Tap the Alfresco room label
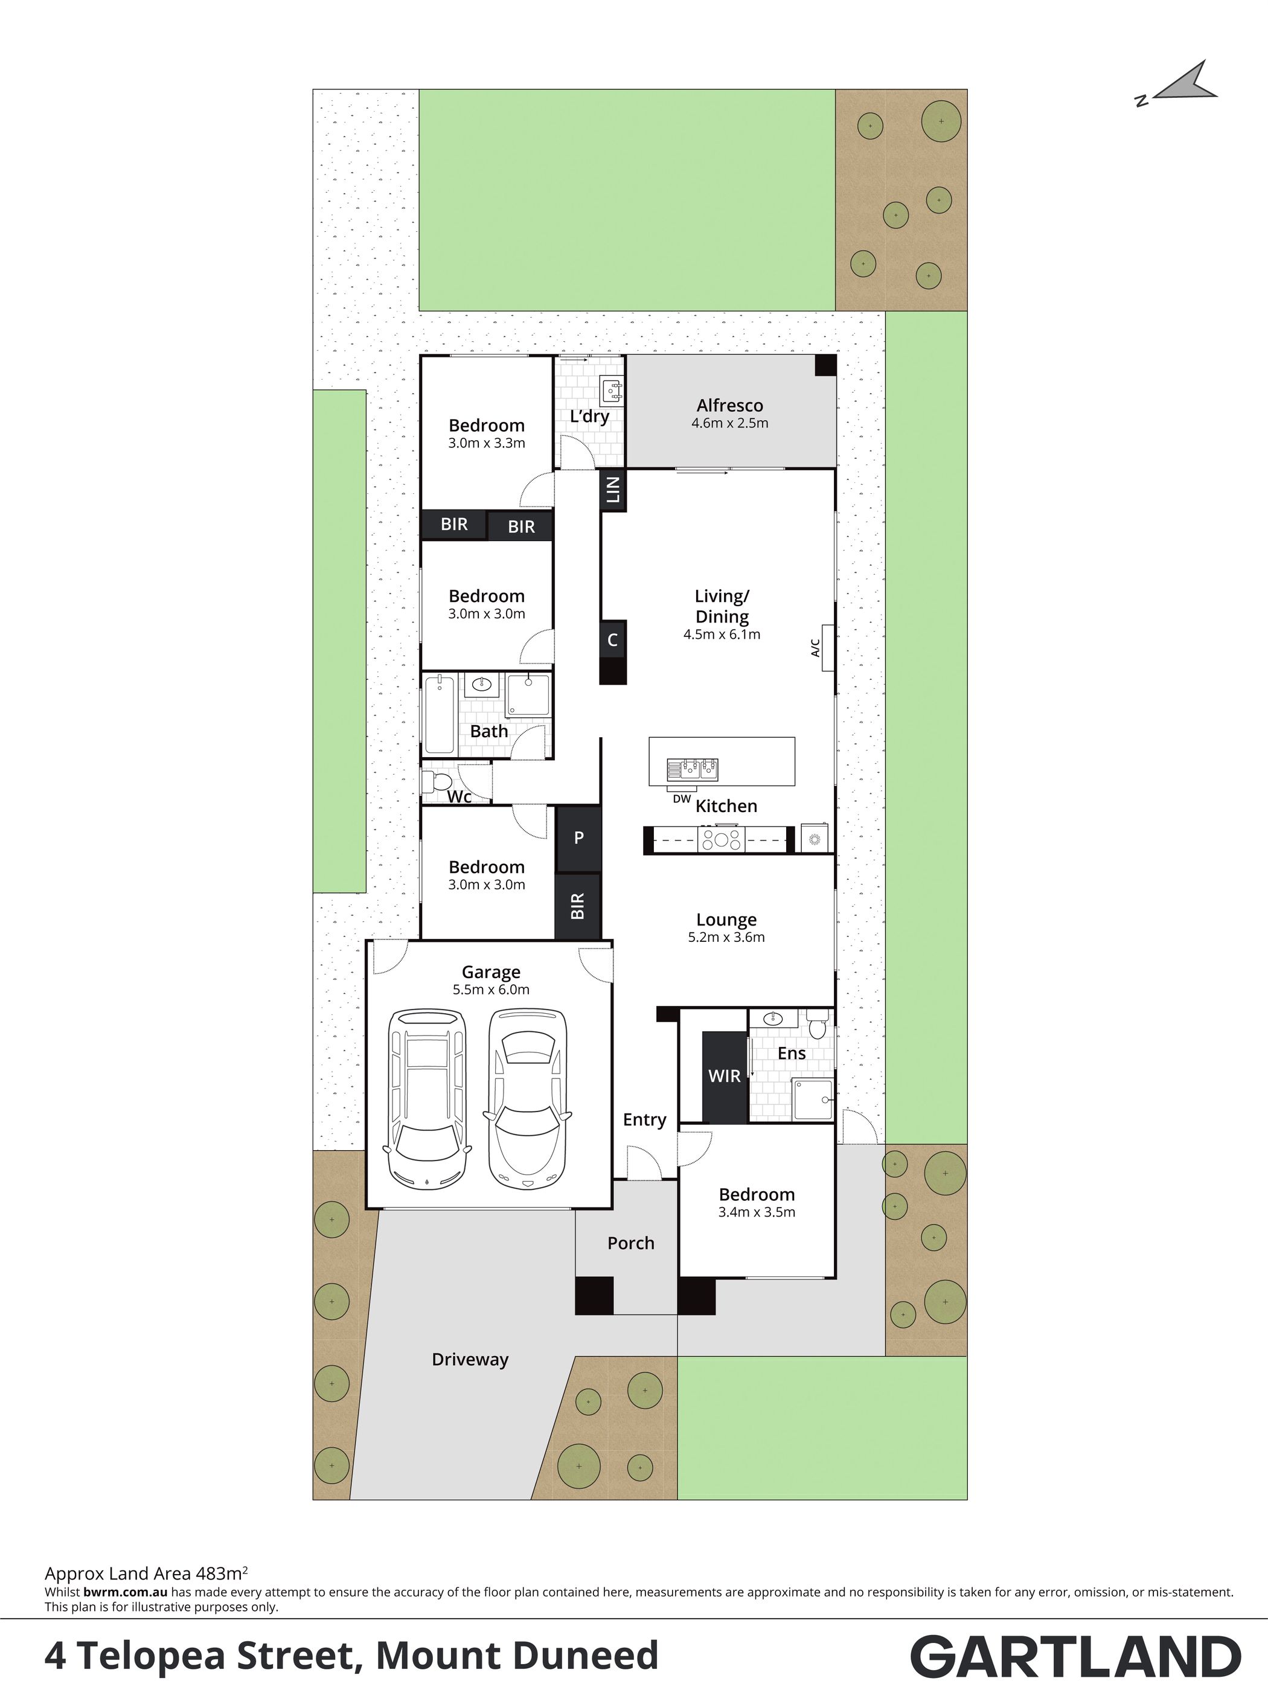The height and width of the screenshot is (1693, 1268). pos(729,406)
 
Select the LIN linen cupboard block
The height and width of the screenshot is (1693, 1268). pos(613,490)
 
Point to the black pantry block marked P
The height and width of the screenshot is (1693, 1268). pos(578,838)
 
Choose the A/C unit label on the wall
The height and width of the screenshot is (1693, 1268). pos(815,647)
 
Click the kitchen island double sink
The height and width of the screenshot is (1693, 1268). pos(693,769)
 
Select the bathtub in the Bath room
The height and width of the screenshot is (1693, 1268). pos(439,713)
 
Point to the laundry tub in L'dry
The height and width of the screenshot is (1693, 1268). pos(612,390)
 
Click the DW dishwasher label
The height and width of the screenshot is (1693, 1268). pos(681,799)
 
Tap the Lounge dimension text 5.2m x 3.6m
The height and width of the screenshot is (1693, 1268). pos(726,938)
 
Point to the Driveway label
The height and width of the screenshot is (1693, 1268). pos(470,1359)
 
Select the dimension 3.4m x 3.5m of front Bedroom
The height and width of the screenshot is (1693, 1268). pos(757,1212)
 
